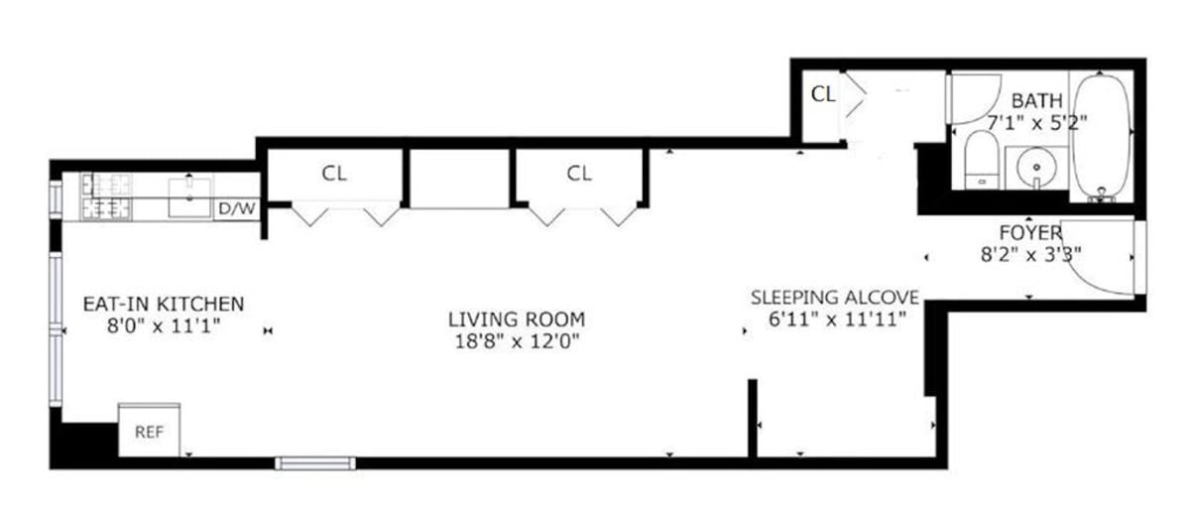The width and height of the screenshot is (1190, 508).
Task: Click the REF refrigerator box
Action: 149,431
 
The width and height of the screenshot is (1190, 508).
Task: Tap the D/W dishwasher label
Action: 235,209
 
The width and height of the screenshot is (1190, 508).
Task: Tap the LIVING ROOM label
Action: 516,319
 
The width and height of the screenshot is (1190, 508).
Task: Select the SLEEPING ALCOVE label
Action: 835,297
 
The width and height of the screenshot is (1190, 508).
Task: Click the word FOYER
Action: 1030,233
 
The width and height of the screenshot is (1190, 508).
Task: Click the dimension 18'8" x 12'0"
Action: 516,341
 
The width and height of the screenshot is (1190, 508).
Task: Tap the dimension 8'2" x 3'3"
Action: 1030,254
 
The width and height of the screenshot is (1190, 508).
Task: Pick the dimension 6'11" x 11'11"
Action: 835,318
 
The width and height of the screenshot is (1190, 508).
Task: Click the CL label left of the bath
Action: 823,94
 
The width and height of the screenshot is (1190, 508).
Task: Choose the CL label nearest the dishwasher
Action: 334,174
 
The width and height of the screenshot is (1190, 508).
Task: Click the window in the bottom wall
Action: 315,462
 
